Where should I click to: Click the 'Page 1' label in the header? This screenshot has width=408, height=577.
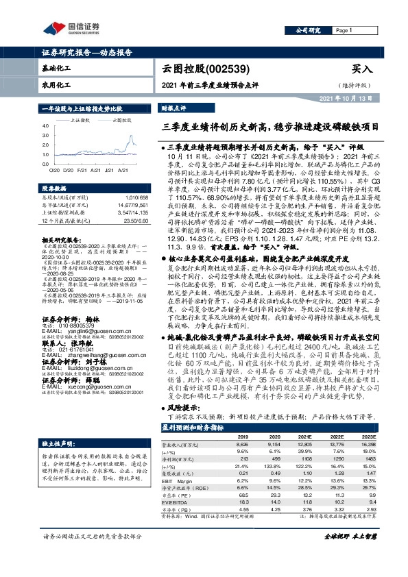tap(343, 30)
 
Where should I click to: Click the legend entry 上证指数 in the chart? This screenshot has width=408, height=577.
tap(83, 119)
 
